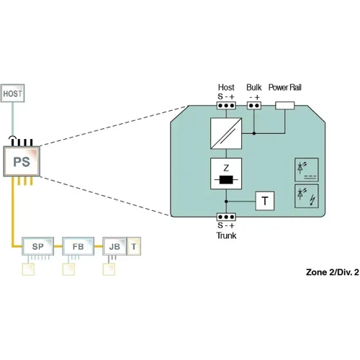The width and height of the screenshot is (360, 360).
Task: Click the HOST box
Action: coord(13,94)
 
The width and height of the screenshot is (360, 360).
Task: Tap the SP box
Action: coord(38,246)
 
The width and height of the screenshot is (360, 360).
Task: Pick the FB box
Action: coord(77,246)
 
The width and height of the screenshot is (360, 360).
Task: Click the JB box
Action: coord(114,246)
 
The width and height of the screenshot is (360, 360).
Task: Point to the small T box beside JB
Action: coord(134,246)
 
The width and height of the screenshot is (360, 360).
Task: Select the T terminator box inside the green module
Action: coord(265,201)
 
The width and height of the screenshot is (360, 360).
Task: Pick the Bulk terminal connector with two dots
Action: coord(253,106)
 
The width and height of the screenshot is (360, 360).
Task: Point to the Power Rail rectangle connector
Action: coord(285,106)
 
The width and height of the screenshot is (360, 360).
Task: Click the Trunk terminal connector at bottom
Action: coord(226,217)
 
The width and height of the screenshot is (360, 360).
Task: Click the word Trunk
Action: coord(226,235)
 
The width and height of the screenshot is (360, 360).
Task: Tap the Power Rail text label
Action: coord(285,86)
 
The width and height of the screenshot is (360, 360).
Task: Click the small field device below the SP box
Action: coord(30,269)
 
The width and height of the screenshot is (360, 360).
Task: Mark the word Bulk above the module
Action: coord(254,86)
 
